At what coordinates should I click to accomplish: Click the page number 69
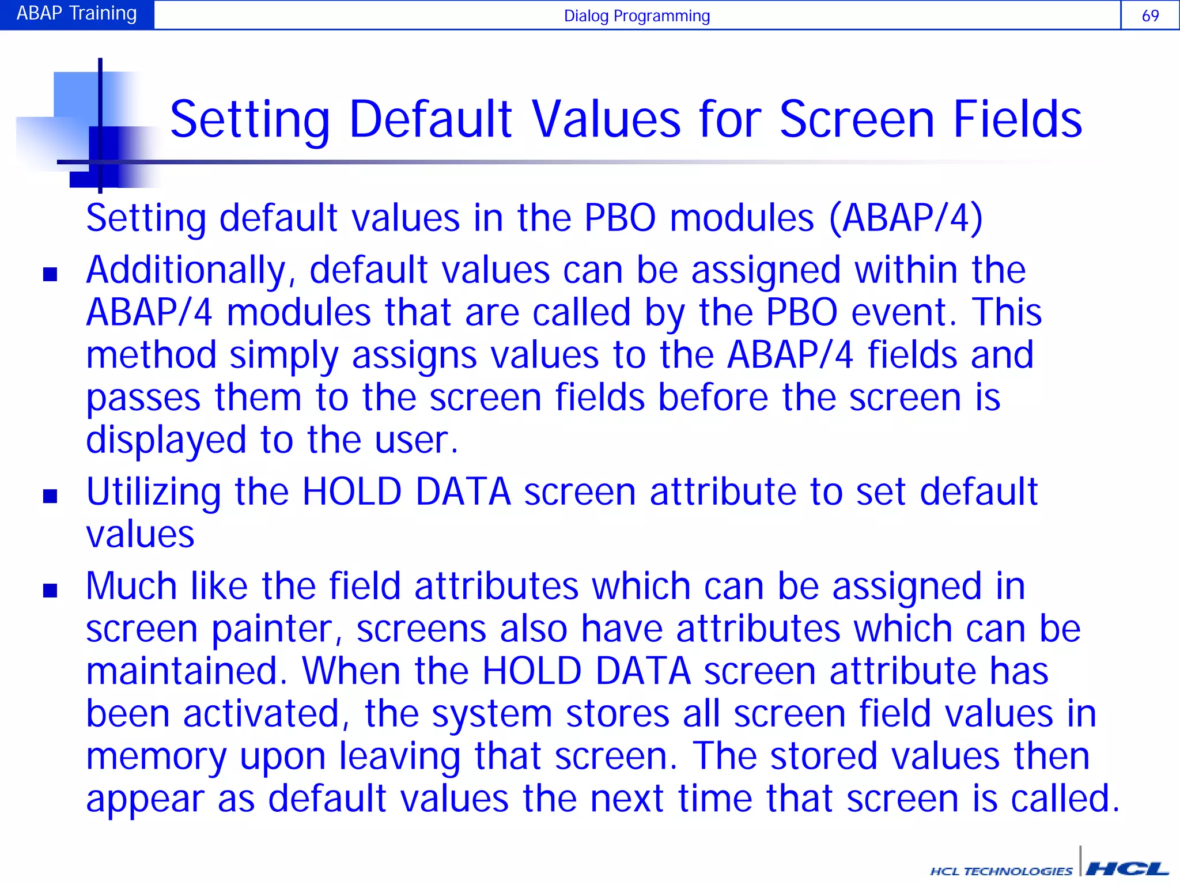click(x=1150, y=16)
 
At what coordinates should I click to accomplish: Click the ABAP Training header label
click(x=77, y=13)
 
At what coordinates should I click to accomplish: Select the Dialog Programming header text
click(x=637, y=16)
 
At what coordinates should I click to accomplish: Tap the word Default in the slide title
click(x=430, y=120)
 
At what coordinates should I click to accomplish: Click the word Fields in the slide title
click(x=1018, y=120)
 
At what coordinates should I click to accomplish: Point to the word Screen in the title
click(x=856, y=120)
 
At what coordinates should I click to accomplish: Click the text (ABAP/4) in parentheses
click(x=906, y=218)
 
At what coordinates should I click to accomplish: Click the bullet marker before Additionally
click(x=50, y=274)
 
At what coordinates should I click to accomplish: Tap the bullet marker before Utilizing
click(x=50, y=496)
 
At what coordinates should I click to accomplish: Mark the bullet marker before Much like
click(x=50, y=591)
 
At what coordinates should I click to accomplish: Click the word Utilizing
click(x=153, y=493)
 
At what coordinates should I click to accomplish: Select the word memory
click(x=156, y=757)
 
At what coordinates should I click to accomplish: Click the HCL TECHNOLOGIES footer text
click(x=1001, y=871)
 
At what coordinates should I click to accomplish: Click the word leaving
click(x=399, y=757)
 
